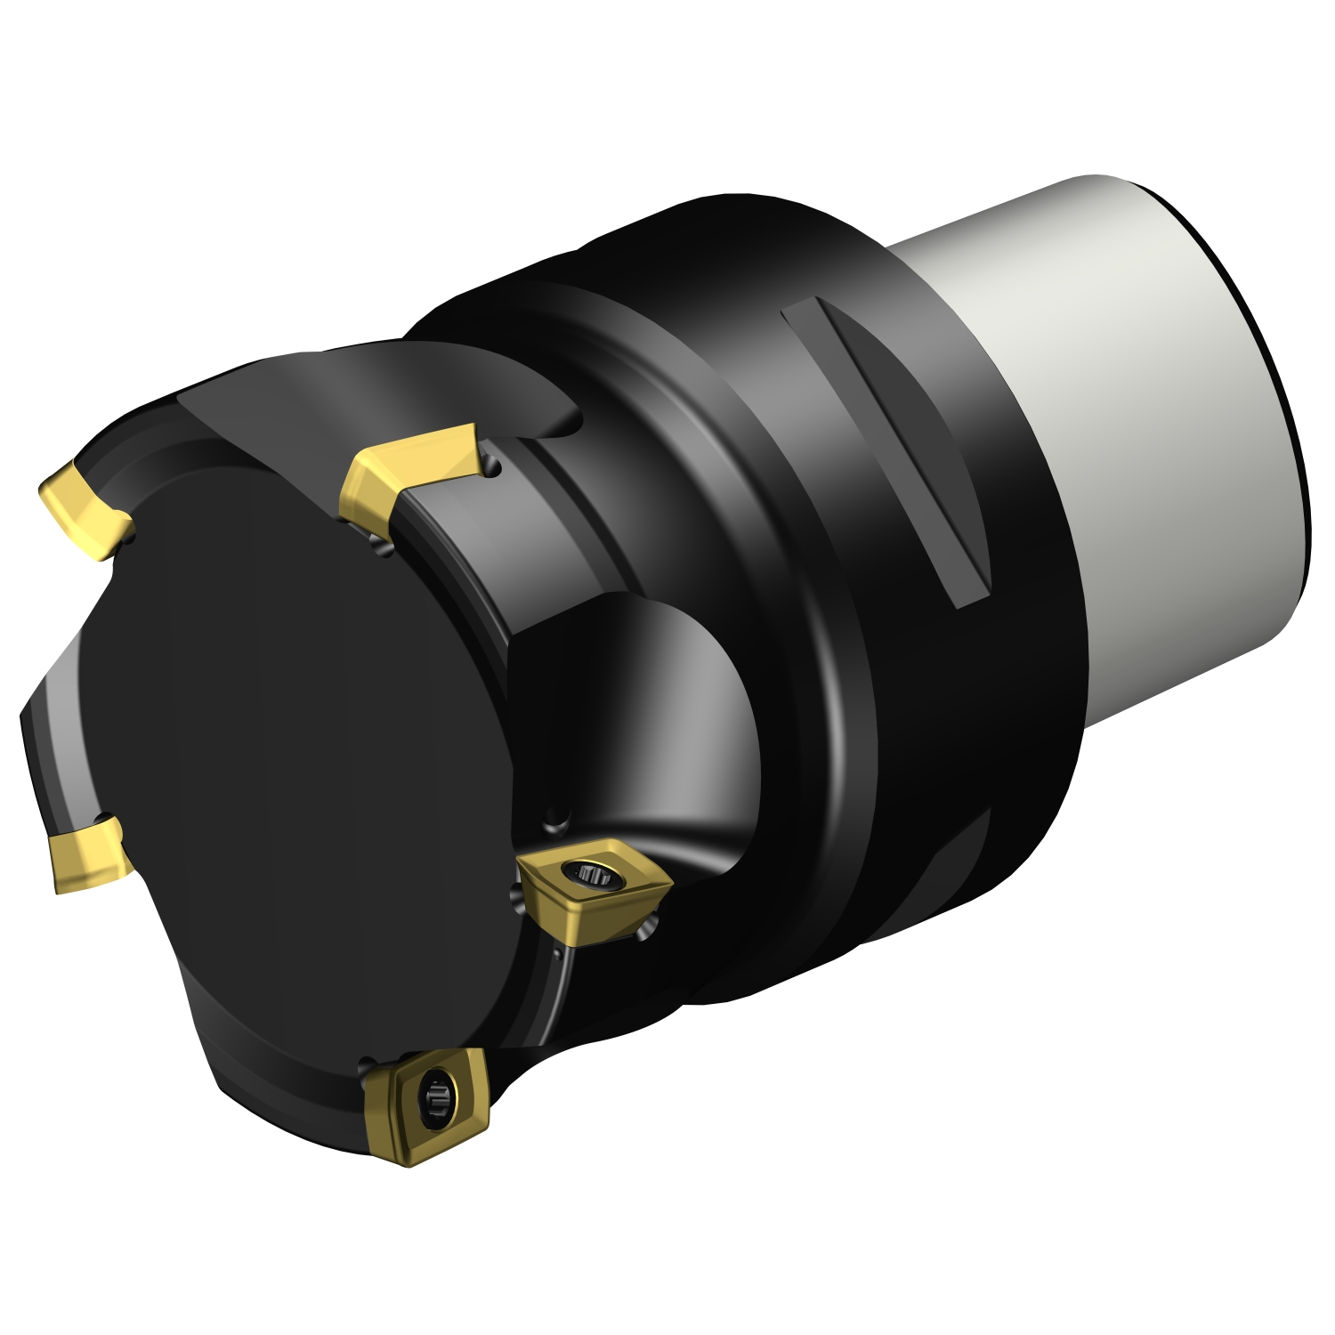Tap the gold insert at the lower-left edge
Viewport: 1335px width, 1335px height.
pos(85,855)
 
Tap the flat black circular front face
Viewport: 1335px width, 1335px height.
pos(294,756)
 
